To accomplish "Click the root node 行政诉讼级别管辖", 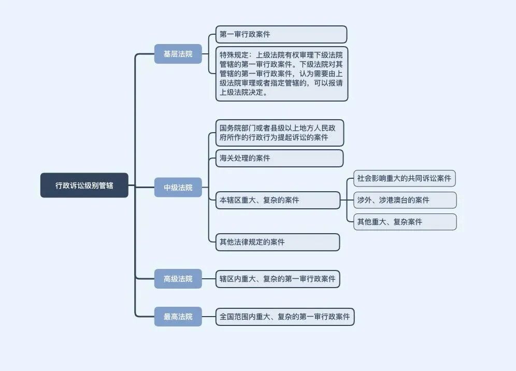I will [x=84, y=185].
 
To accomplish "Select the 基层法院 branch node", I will [x=178, y=54].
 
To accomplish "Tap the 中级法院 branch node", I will [x=178, y=187].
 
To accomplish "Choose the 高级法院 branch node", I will [x=178, y=279].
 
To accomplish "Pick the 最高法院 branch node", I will [x=178, y=317].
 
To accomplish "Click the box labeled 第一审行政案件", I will [x=281, y=35].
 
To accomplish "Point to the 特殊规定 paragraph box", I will [x=282, y=74].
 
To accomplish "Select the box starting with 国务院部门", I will [x=279, y=133].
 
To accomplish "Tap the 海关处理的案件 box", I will [x=279, y=158].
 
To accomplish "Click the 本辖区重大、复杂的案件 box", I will [x=278, y=200].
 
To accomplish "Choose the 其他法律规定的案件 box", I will [x=278, y=242].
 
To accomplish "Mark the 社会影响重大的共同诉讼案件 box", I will [x=404, y=179].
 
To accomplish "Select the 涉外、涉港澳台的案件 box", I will [x=405, y=200].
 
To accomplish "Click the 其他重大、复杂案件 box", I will [x=405, y=222].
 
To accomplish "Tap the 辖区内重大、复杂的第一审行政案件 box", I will [x=278, y=279].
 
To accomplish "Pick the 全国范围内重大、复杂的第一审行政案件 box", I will [x=285, y=317].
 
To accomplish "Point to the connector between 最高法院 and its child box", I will [x=209, y=317].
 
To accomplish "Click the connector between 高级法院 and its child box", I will [x=209, y=279].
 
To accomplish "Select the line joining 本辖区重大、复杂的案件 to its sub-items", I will [x=346, y=200].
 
